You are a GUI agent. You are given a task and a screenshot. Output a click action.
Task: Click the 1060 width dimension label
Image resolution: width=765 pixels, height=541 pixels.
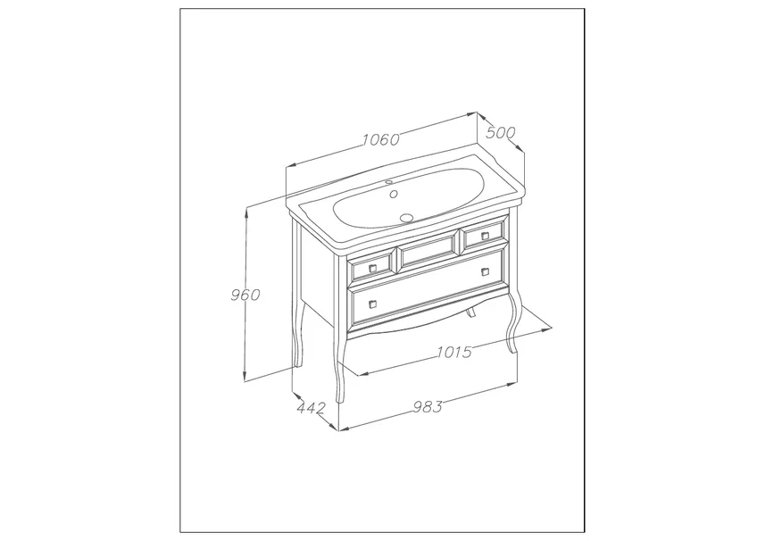[381, 139]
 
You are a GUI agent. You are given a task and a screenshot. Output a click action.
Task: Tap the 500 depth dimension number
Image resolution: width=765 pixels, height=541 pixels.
[501, 132]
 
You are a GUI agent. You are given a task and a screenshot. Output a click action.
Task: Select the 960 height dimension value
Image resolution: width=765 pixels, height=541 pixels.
[245, 295]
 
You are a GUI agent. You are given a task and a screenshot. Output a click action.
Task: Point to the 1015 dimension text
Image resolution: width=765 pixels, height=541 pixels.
[454, 351]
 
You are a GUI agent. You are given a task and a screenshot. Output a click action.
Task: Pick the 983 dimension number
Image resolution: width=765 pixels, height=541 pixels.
[428, 406]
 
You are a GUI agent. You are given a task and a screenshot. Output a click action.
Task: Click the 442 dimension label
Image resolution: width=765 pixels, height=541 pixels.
[311, 407]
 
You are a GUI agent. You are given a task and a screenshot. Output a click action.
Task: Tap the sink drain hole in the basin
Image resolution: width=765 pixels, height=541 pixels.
[406, 218]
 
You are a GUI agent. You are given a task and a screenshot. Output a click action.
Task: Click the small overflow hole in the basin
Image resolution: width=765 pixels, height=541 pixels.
[394, 194]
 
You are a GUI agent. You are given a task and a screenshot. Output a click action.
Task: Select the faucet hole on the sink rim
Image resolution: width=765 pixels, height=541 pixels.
[389, 182]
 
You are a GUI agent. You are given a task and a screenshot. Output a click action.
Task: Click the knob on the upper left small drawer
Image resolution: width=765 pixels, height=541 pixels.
[373, 268]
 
